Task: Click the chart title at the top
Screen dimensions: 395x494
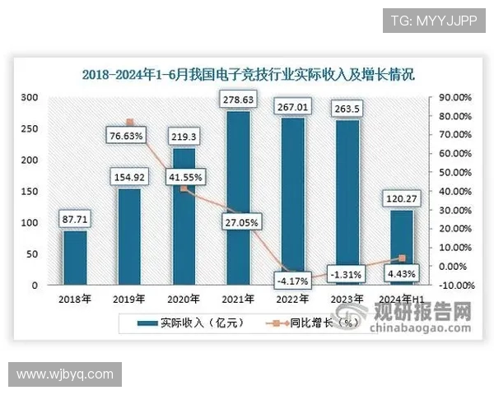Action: click(x=248, y=75)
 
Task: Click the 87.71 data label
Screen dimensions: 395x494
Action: click(x=75, y=219)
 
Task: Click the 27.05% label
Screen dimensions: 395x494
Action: click(x=238, y=222)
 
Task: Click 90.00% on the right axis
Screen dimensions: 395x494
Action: click(x=454, y=97)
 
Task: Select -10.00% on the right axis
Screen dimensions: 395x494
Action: click(x=454, y=286)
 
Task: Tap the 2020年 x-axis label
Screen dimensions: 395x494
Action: click(x=184, y=299)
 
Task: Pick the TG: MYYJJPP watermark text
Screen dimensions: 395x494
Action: click(x=428, y=20)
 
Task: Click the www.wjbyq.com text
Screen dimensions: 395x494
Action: click(x=65, y=374)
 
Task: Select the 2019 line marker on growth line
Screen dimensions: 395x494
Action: click(x=129, y=123)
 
